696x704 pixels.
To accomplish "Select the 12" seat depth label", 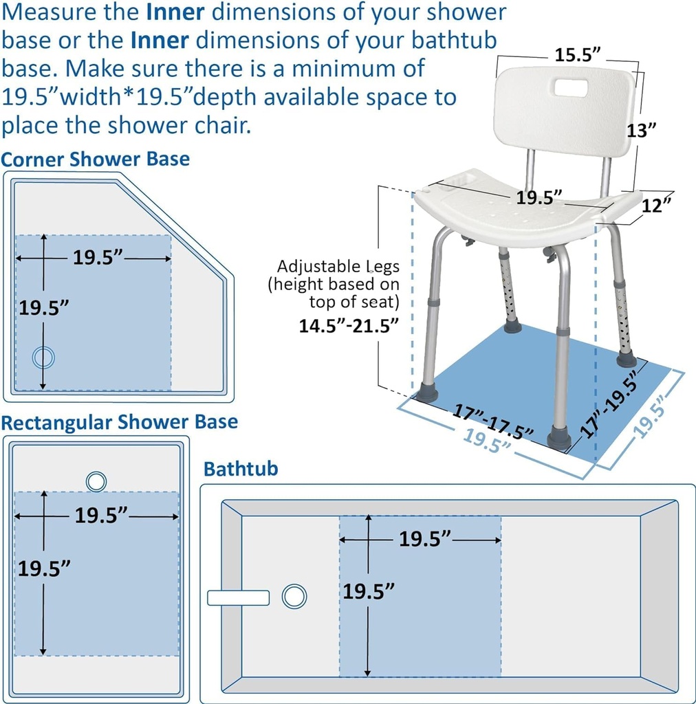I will (655, 205).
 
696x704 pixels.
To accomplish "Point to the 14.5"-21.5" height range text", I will (349, 326).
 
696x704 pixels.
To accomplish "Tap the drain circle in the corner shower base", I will (43, 357).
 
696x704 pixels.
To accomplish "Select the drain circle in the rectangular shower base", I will (96, 481).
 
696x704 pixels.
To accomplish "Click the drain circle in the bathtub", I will (294, 596).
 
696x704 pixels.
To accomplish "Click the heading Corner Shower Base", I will (96, 159).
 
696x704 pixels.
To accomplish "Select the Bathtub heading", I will (241, 469).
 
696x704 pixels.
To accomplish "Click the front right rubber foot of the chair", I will (559, 439).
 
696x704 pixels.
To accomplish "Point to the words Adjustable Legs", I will (338, 266).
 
